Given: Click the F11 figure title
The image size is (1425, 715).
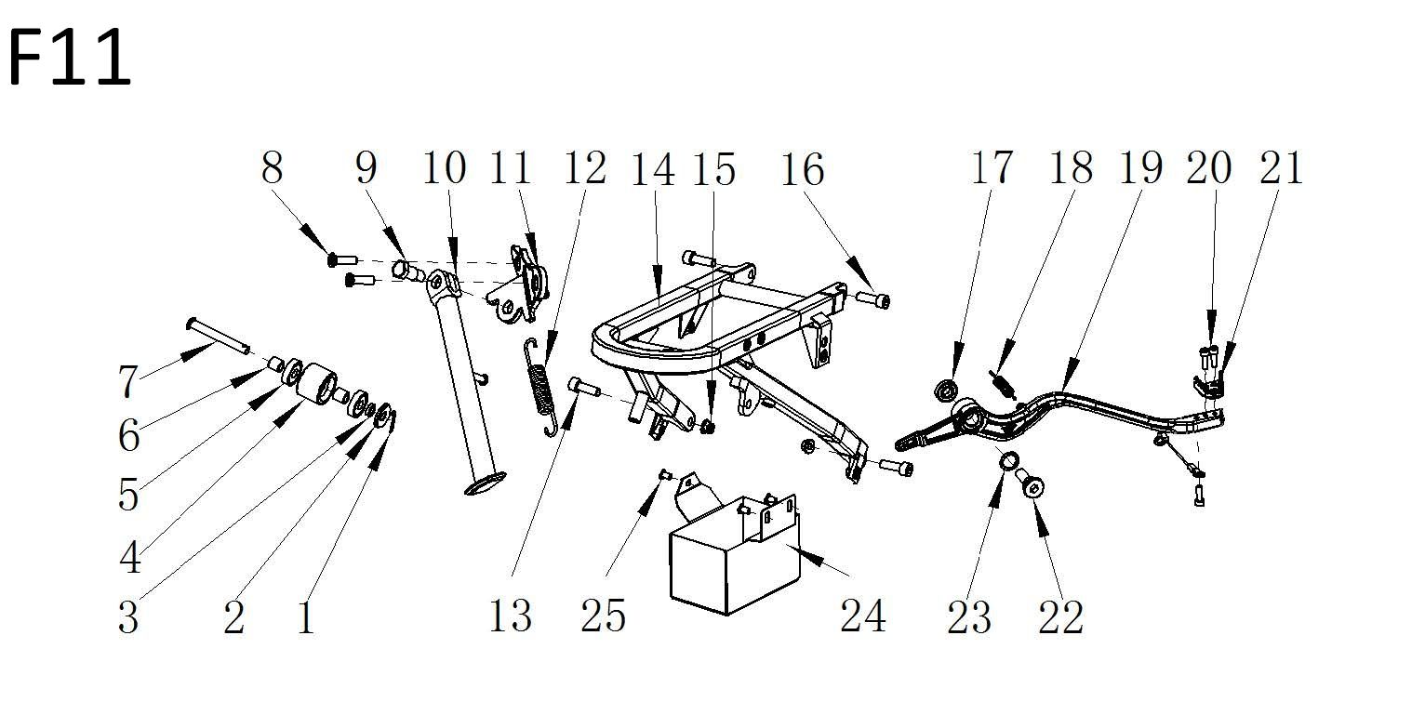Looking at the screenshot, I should click(70, 58).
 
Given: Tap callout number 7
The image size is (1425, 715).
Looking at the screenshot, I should click(127, 381).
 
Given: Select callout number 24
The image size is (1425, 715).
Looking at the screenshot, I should click(862, 616).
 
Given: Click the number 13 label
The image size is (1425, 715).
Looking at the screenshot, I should click(510, 616).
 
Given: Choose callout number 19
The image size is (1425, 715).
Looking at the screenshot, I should click(1139, 168).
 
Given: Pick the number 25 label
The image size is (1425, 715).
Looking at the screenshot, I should click(604, 616).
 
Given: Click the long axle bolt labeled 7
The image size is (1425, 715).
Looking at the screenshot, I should click(219, 335).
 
